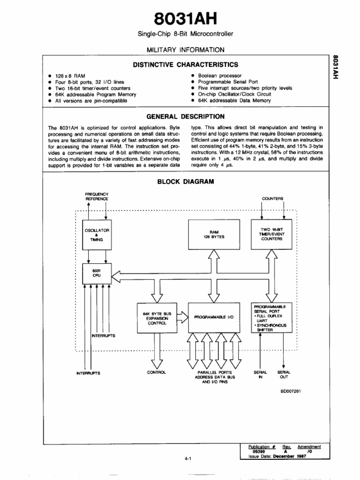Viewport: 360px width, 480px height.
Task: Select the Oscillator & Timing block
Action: pos(97,234)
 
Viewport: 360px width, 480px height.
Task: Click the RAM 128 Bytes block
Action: pos(217,234)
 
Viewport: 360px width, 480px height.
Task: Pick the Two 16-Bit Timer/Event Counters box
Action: pos(272,234)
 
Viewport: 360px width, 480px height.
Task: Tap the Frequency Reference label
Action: pos(97,196)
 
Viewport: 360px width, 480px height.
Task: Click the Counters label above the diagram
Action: pos(272,199)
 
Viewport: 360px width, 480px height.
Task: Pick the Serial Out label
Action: pos(284,375)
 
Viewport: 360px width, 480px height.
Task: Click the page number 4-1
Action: pos(189,459)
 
